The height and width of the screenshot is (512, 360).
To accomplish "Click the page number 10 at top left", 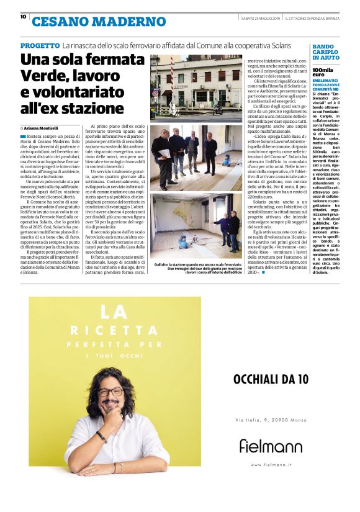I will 24,16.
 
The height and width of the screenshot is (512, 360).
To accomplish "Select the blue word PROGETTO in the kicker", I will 40,46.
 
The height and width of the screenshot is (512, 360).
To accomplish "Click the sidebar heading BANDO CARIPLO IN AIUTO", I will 326,52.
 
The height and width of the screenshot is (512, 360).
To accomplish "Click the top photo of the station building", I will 196,87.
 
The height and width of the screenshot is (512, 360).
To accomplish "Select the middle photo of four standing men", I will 196,157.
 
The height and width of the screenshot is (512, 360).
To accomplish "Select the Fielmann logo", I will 271,445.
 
